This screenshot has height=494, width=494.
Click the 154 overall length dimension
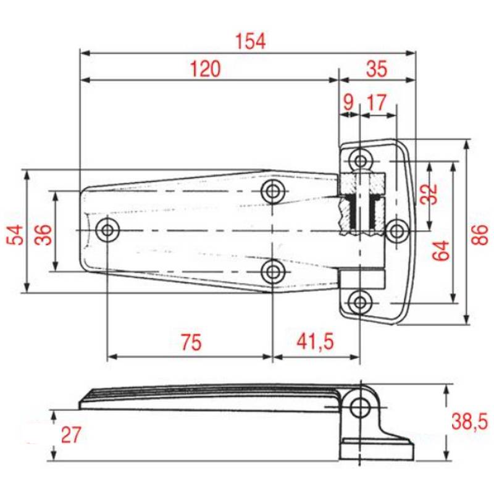(250, 41)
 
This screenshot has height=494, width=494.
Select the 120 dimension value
(205, 69)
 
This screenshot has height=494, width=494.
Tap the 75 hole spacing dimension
(191, 343)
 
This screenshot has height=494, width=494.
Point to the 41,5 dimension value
(315, 343)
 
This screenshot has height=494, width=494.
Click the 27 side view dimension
(71, 435)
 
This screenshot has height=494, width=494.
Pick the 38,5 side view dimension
(469, 422)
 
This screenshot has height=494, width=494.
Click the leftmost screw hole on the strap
(108, 230)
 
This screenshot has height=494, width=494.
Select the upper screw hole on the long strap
(272, 191)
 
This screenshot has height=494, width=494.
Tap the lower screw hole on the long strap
(272, 270)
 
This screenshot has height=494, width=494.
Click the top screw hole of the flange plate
(361, 161)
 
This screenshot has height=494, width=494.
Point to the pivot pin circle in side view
(359, 407)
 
